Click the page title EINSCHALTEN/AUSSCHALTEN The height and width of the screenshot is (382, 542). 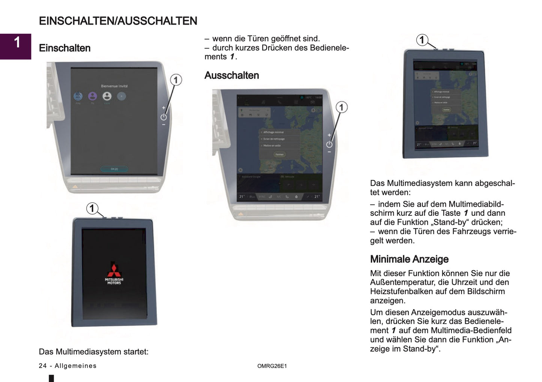[x=118, y=21]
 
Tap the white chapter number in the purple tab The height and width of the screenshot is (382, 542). [x=17, y=42]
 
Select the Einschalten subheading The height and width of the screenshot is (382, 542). [x=65, y=48]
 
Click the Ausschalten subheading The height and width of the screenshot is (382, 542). [x=231, y=75]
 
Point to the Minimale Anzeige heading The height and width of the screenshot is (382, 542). [x=409, y=259]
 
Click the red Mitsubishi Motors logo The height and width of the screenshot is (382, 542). [x=114, y=270]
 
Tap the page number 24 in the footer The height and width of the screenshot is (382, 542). [x=43, y=366]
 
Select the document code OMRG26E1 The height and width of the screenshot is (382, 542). [x=272, y=366]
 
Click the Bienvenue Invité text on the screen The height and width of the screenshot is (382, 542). [x=114, y=86]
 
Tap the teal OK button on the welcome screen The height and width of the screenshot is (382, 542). [x=114, y=169]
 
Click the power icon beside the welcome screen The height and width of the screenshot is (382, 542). [x=164, y=117]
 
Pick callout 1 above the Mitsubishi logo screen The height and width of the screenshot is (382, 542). [x=92, y=208]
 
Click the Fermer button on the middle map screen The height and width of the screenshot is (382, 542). [x=279, y=154]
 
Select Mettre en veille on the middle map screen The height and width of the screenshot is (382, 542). [x=272, y=146]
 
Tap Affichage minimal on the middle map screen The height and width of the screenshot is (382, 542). [x=273, y=132]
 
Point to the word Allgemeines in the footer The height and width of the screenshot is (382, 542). [x=75, y=366]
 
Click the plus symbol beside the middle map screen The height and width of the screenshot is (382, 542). [x=329, y=135]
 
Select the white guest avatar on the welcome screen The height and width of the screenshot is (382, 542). [x=107, y=96]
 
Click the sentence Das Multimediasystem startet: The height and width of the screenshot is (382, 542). [x=94, y=352]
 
